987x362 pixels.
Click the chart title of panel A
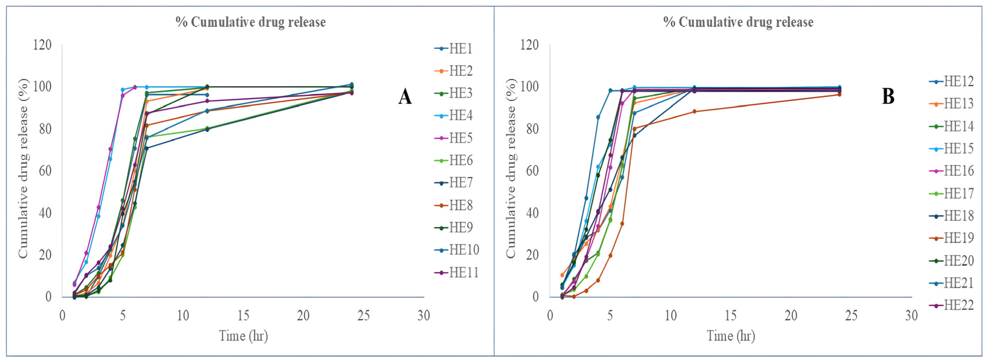coord(251,22)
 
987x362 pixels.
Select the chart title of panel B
coord(738,22)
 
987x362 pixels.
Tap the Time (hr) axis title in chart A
coord(243,336)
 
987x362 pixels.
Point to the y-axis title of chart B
coord(511,169)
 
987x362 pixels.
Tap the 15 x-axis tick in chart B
coord(731,316)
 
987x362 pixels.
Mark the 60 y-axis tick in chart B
coord(530,171)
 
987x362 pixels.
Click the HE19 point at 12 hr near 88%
coord(694,112)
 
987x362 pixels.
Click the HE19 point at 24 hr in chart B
coord(839,94)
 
